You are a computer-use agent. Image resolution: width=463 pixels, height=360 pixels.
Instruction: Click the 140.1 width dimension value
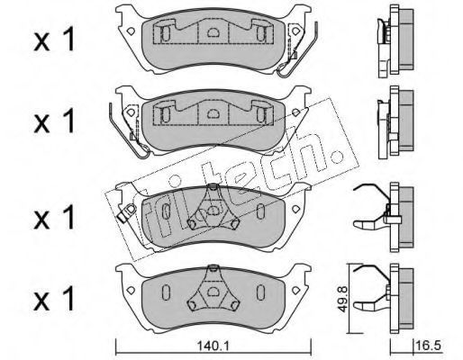(x=213, y=346)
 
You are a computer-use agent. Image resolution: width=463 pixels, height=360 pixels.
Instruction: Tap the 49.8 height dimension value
(x=343, y=299)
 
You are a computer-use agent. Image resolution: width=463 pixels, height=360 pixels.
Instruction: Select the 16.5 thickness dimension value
(x=429, y=346)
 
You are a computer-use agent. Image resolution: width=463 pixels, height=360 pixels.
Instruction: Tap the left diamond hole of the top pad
(x=131, y=31)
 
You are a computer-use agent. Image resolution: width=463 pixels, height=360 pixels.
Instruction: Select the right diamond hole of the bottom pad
(x=296, y=290)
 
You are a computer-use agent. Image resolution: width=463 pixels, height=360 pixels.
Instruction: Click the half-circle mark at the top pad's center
(x=213, y=31)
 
